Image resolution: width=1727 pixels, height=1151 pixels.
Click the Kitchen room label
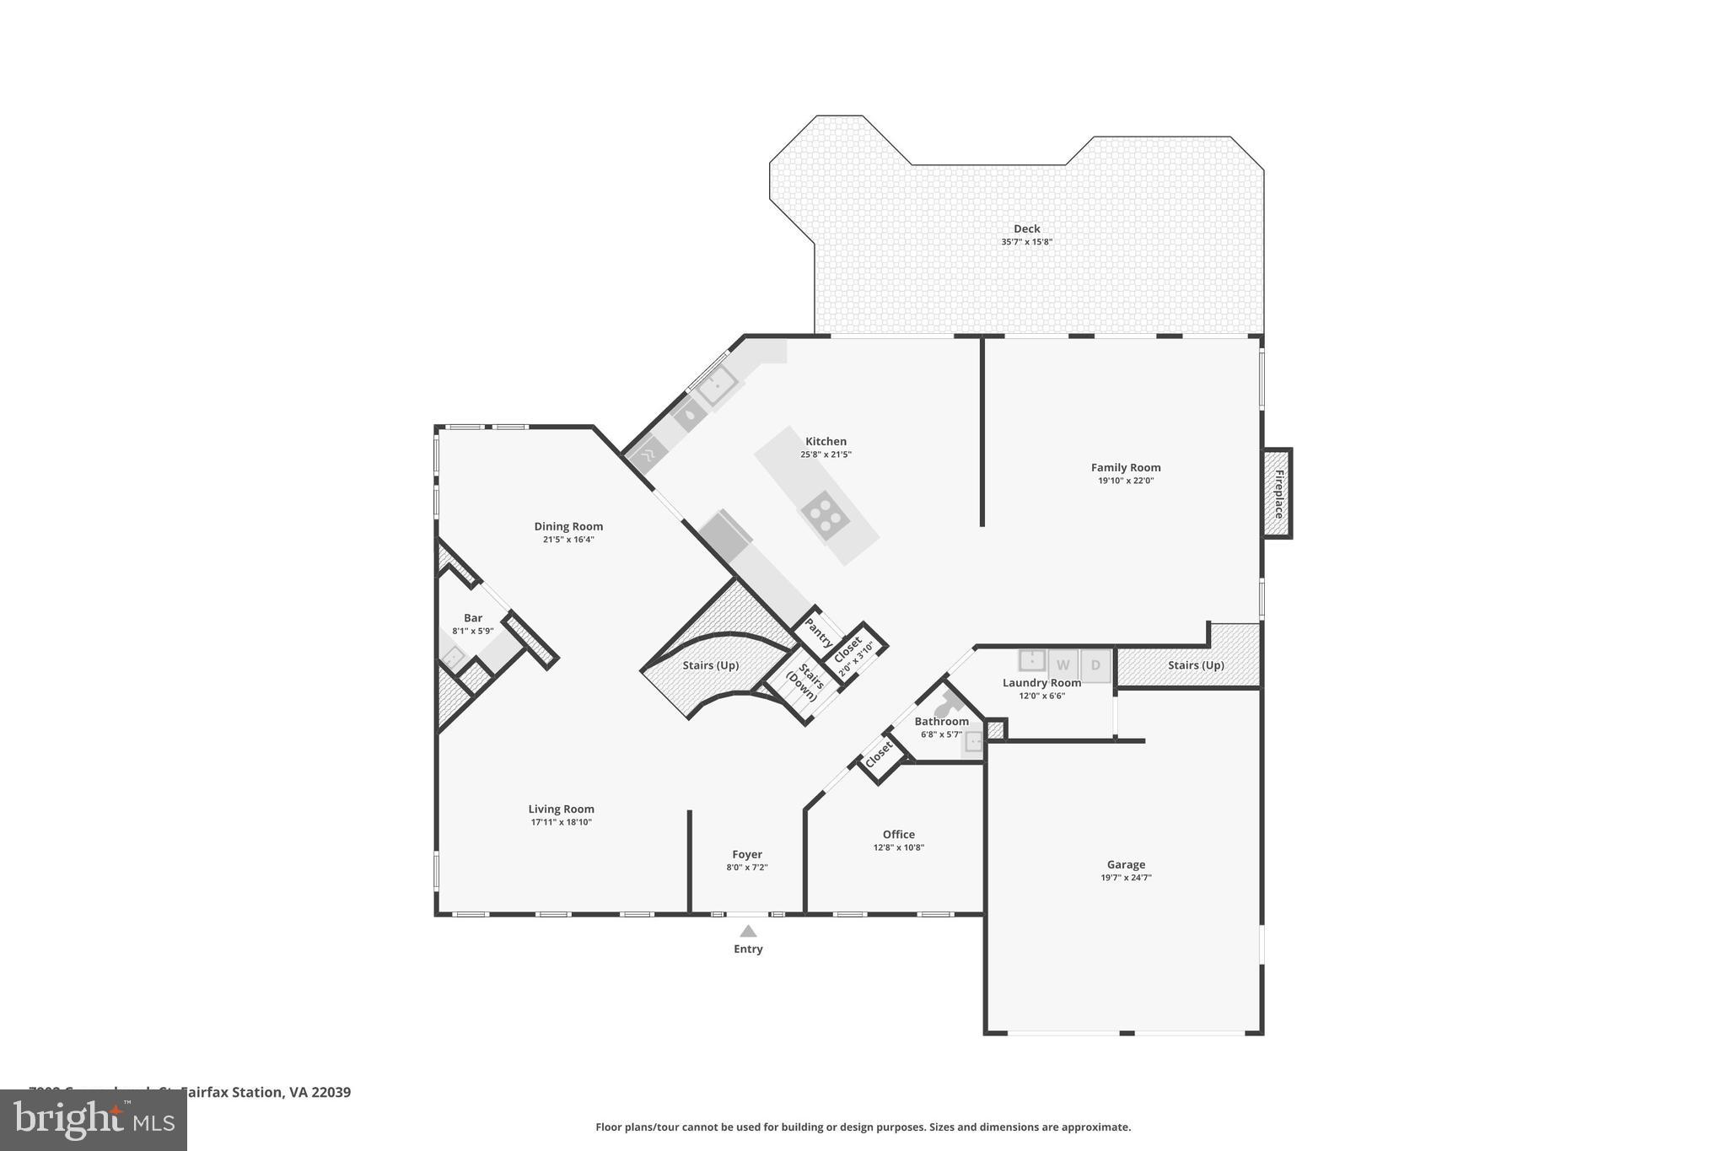(x=826, y=441)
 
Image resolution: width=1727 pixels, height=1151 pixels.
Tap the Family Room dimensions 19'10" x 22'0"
(x=1126, y=481)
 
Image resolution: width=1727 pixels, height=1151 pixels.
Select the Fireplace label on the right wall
(x=1278, y=494)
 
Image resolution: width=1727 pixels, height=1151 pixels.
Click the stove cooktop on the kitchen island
(x=823, y=514)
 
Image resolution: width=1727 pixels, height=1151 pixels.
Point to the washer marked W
(x=1063, y=664)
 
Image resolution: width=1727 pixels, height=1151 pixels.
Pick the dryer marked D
(x=1095, y=664)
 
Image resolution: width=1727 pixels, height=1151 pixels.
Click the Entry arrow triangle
(x=748, y=931)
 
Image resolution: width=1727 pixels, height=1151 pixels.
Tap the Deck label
(x=1026, y=229)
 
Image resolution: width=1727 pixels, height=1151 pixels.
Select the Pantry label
(x=818, y=632)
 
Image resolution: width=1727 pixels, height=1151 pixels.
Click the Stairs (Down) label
(x=806, y=681)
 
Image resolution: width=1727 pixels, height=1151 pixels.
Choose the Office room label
(x=898, y=834)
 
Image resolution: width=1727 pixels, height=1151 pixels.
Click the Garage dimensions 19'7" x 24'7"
(x=1126, y=877)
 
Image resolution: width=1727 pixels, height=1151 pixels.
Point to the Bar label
(x=473, y=618)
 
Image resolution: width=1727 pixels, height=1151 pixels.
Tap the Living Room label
(x=561, y=809)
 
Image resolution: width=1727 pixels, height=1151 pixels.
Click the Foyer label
(x=747, y=854)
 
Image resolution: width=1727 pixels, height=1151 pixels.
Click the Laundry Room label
(x=1041, y=683)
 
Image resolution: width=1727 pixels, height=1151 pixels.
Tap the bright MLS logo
(x=93, y=1120)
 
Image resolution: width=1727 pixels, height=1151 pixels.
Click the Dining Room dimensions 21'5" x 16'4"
(x=568, y=540)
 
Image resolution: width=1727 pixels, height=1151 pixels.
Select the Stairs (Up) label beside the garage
(x=1196, y=665)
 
